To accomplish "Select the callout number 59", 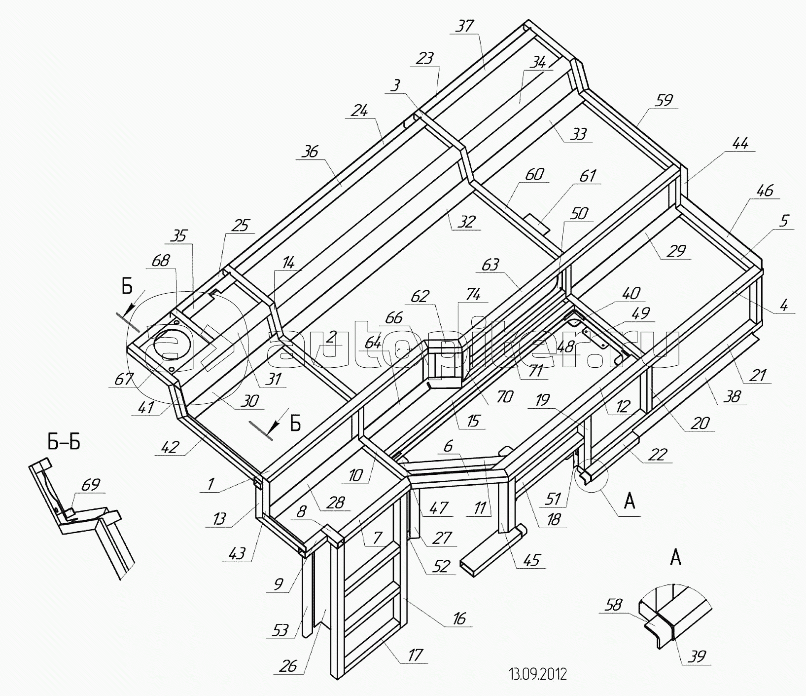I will [x=664, y=100].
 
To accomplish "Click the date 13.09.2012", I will [x=537, y=674].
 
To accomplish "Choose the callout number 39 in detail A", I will [x=696, y=656].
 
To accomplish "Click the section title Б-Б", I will [x=64, y=442].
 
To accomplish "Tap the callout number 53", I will [x=280, y=630].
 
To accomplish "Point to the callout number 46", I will [x=765, y=191].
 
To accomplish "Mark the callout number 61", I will [x=588, y=176].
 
